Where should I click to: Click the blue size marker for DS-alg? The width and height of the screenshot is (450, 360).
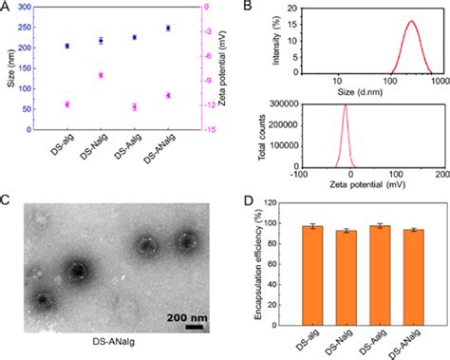pos(67,46)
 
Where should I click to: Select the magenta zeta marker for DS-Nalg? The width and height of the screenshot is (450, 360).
pos(101,75)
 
